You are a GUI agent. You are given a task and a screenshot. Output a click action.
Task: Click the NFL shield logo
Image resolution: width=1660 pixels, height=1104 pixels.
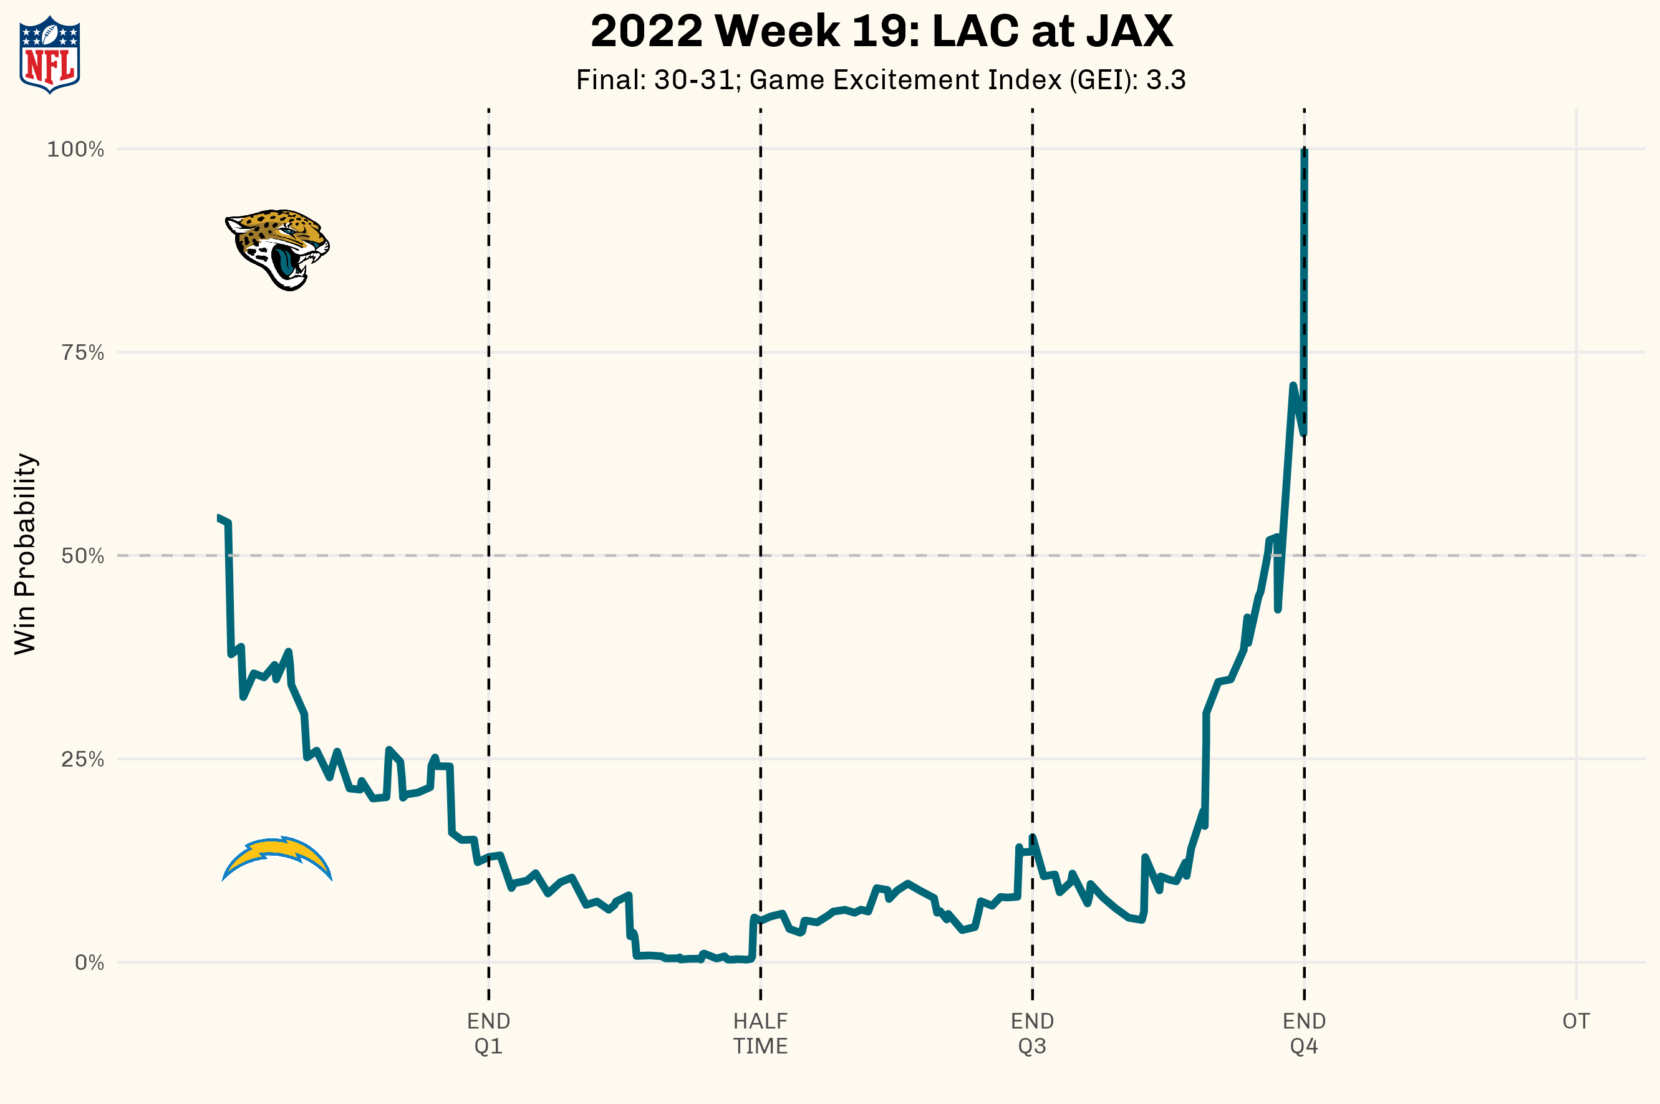point(49,55)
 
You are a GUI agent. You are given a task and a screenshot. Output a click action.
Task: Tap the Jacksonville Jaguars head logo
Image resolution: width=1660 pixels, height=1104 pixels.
point(277,248)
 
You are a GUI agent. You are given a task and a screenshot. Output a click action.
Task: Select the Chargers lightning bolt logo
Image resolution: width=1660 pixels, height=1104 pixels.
point(277,858)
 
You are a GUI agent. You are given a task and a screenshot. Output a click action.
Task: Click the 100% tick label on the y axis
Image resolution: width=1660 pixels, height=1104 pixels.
point(75,149)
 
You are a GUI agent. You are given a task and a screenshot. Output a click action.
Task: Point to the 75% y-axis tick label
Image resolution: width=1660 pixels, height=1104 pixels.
point(82,353)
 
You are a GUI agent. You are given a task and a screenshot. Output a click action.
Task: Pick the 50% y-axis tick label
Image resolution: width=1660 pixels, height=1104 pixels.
point(82,556)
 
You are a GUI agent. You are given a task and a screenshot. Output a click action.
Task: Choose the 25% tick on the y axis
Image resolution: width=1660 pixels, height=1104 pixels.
point(82,760)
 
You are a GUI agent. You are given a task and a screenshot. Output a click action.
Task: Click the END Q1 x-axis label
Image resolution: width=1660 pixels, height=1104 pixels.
point(488,1034)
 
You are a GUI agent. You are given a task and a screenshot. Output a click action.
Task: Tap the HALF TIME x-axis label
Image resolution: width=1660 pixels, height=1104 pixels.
point(760,1034)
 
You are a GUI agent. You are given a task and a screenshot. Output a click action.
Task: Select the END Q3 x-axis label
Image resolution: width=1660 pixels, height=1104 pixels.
point(1032,1034)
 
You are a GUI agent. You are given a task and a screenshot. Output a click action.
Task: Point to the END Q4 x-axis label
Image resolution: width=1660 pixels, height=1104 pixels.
point(1304,1034)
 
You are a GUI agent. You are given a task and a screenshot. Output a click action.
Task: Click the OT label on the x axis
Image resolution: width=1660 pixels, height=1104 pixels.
point(1576,1022)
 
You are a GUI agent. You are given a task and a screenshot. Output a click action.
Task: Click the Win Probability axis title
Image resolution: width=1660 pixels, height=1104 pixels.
point(26,554)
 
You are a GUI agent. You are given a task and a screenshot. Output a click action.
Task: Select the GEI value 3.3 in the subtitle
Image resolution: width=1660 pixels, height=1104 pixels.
point(1165,80)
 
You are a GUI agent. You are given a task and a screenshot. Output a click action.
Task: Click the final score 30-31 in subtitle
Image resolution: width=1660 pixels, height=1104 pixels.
point(694,80)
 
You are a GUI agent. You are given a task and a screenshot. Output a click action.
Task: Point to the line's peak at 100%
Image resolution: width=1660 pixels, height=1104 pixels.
point(1304,151)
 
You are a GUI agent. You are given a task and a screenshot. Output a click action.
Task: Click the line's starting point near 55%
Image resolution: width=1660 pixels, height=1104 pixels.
point(219,518)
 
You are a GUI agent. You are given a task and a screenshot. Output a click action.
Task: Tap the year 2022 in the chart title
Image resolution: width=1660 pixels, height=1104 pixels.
point(646,32)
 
